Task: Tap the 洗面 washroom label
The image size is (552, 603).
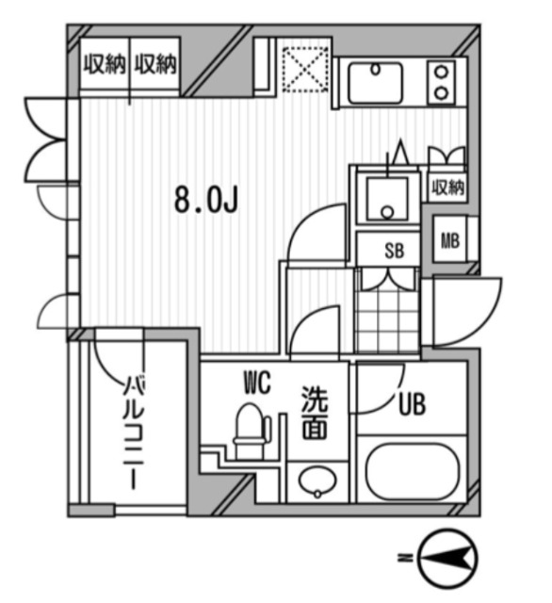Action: tap(314, 415)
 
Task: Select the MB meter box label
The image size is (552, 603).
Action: tap(450, 240)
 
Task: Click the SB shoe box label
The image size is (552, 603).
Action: tap(394, 251)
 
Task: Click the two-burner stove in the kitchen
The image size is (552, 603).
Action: tap(439, 81)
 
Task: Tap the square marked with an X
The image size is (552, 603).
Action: tap(303, 68)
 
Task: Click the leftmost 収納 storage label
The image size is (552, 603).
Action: tap(104, 66)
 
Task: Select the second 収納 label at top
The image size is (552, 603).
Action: tap(155, 66)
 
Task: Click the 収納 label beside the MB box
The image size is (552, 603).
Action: tap(448, 187)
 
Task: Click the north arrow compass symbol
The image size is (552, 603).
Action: tap(446, 559)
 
